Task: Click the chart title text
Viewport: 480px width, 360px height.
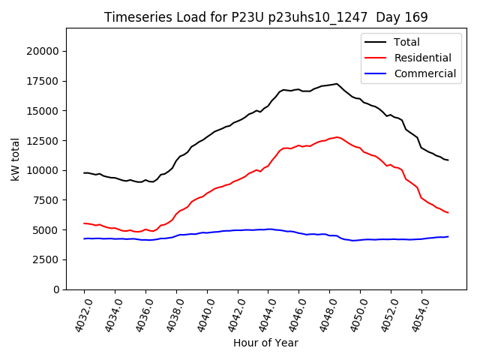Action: click(265, 17)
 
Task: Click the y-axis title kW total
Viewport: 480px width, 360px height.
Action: click(15, 159)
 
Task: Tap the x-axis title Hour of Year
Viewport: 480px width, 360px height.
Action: click(265, 343)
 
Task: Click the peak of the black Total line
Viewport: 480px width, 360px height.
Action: click(337, 84)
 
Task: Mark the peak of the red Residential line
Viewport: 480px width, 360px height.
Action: click(337, 137)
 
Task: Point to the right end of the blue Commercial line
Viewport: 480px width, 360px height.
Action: click(448, 236)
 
